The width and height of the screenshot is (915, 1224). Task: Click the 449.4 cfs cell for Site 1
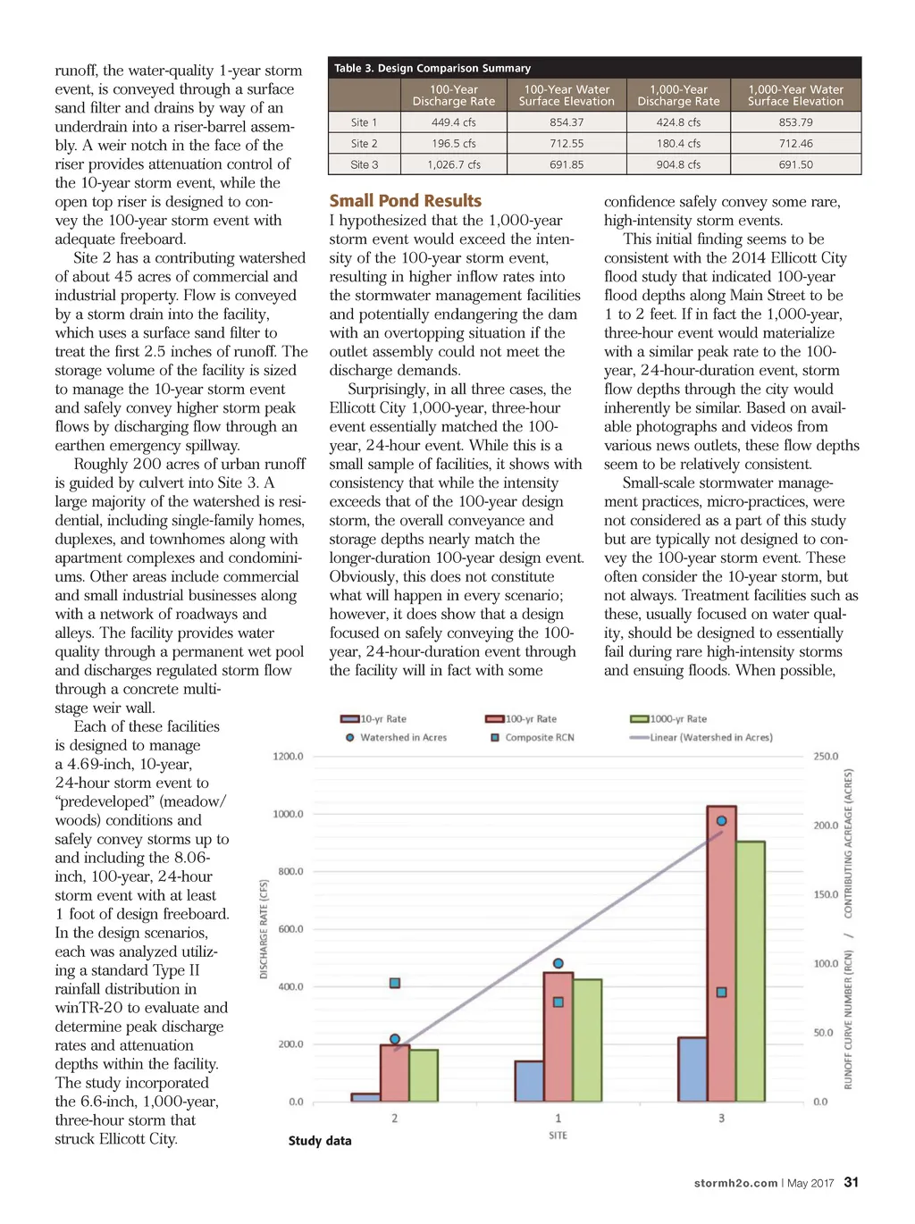click(453, 122)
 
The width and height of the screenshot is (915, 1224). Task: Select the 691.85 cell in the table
click(567, 164)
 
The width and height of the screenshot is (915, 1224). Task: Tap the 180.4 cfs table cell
click(678, 143)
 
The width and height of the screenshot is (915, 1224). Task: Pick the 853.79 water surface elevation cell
click(795, 122)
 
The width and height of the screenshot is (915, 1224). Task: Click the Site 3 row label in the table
click(364, 164)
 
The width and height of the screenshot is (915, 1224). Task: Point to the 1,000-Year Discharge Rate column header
click(678, 96)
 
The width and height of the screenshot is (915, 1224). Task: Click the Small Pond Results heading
click(405, 201)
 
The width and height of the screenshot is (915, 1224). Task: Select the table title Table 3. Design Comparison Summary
click(432, 68)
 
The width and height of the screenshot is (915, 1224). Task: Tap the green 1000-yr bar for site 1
click(587, 1040)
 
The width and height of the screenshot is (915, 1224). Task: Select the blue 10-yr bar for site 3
click(693, 1069)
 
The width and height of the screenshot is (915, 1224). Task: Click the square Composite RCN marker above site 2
click(395, 983)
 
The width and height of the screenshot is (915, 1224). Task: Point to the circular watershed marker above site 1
click(558, 963)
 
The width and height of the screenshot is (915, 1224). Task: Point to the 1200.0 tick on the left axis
click(288, 757)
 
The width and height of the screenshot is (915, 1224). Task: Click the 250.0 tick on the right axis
click(826, 757)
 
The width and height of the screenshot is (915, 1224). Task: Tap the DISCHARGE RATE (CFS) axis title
click(264, 929)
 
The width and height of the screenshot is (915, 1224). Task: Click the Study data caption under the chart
click(320, 1141)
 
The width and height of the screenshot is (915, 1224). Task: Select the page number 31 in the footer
click(852, 1182)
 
